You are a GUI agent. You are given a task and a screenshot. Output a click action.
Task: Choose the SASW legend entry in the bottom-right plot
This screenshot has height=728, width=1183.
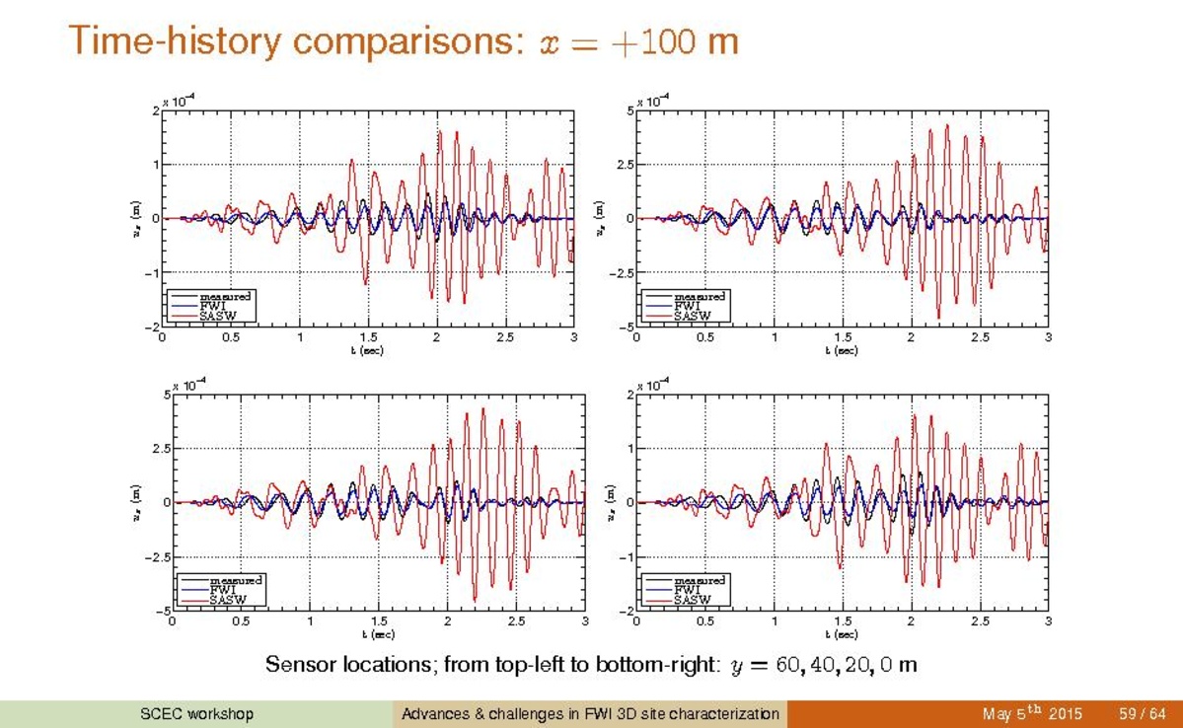[692, 599]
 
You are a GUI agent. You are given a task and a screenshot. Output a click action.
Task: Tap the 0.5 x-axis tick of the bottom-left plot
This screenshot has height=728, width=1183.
[241, 621]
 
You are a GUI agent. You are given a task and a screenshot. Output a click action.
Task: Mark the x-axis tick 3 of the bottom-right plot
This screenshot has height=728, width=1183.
[1048, 621]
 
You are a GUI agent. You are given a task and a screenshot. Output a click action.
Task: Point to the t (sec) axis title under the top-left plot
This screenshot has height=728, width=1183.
[366, 350]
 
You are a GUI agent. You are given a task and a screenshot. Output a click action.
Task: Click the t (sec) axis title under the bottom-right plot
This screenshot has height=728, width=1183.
[842, 634]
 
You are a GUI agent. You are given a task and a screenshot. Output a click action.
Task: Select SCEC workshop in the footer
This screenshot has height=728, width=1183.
[197, 713]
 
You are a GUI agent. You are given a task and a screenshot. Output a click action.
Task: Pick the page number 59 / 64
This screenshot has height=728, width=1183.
[1143, 713]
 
